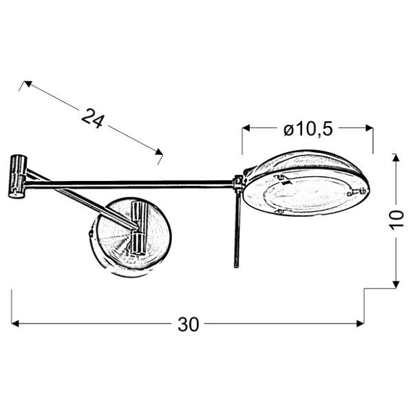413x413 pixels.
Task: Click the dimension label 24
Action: pos(92,118)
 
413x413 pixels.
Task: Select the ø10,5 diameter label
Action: pos(308,128)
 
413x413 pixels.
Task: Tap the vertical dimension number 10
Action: pos(396,220)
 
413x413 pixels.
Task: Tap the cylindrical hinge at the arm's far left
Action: pos(17,176)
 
